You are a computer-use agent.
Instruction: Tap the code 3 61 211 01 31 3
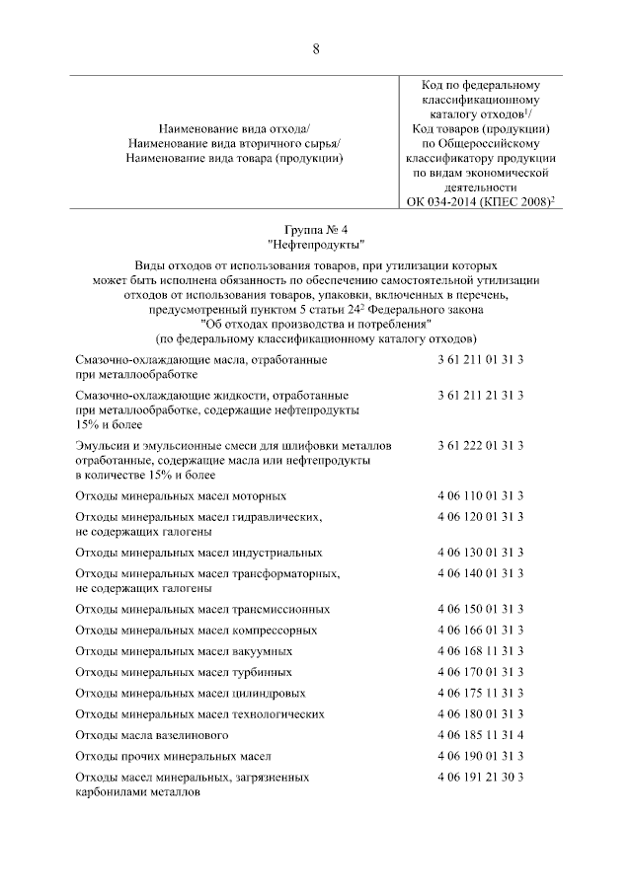[480, 360]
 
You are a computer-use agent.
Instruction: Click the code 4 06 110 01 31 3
[480, 495]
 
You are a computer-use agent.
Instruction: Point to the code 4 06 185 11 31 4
[480, 735]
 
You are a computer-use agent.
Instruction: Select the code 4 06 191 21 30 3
[480, 778]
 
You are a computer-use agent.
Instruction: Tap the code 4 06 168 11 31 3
[480, 651]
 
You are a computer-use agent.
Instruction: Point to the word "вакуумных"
[264, 652]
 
